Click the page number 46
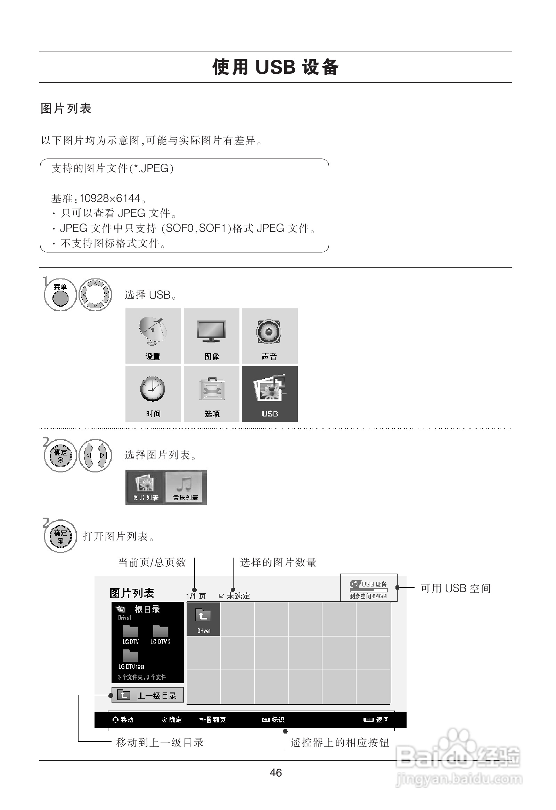click(276, 773)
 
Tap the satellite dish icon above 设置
click(153, 331)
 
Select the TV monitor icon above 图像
click(211, 331)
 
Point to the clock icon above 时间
click(153, 389)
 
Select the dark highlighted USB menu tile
click(270, 394)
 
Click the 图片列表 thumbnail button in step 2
click(146, 487)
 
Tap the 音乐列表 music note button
click(186, 487)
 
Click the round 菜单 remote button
click(60, 298)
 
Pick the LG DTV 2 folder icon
click(161, 631)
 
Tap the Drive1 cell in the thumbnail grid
click(203, 619)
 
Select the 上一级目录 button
click(147, 695)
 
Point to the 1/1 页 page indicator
click(196, 596)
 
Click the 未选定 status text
click(238, 596)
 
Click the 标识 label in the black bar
click(278, 720)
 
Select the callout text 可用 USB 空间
click(455, 588)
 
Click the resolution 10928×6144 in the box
click(109, 198)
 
